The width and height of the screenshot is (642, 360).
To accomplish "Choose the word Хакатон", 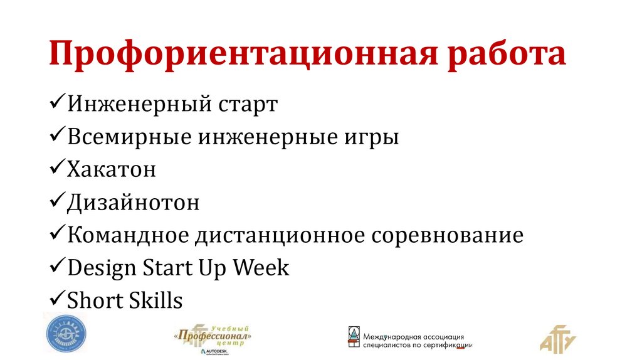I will [x=111, y=169].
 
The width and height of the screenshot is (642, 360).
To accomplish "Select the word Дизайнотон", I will [x=133, y=203].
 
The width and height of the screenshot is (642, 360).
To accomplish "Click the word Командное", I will [x=127, y=235].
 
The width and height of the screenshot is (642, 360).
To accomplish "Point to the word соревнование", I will [x=448, y=235].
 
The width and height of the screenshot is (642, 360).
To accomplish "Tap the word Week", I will [x=261, y=268].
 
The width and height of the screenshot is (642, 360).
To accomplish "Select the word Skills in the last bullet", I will [x=153, y=300].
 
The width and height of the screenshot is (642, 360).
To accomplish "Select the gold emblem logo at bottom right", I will [x=557, y=339].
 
